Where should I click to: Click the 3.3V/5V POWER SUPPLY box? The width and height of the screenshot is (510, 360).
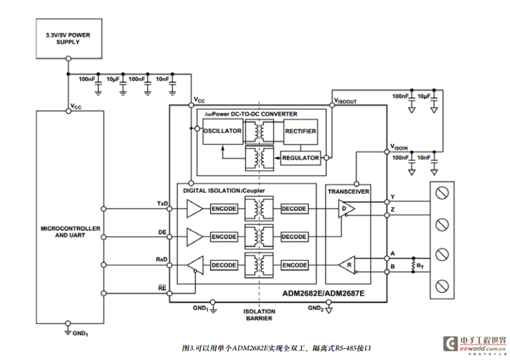(67, 38)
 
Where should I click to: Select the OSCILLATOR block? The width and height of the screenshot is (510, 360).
(222, 131)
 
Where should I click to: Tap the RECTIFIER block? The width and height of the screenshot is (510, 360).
(300, 131)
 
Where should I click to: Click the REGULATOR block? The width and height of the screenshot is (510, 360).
(300, 158)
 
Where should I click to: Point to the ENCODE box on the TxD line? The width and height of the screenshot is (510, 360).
(224, 208)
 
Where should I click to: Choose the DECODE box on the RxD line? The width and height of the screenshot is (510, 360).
(224, 265)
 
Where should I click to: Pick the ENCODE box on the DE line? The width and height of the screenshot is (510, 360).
(224, 236)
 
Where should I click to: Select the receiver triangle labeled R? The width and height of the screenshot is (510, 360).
(348, 264)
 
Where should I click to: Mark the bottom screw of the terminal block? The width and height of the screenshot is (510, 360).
(443, 283)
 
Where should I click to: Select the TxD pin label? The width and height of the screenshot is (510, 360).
(162, 204)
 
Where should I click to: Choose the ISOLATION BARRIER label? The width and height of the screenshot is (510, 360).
(259, 315)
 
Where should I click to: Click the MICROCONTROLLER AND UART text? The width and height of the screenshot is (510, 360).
(70, 232)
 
